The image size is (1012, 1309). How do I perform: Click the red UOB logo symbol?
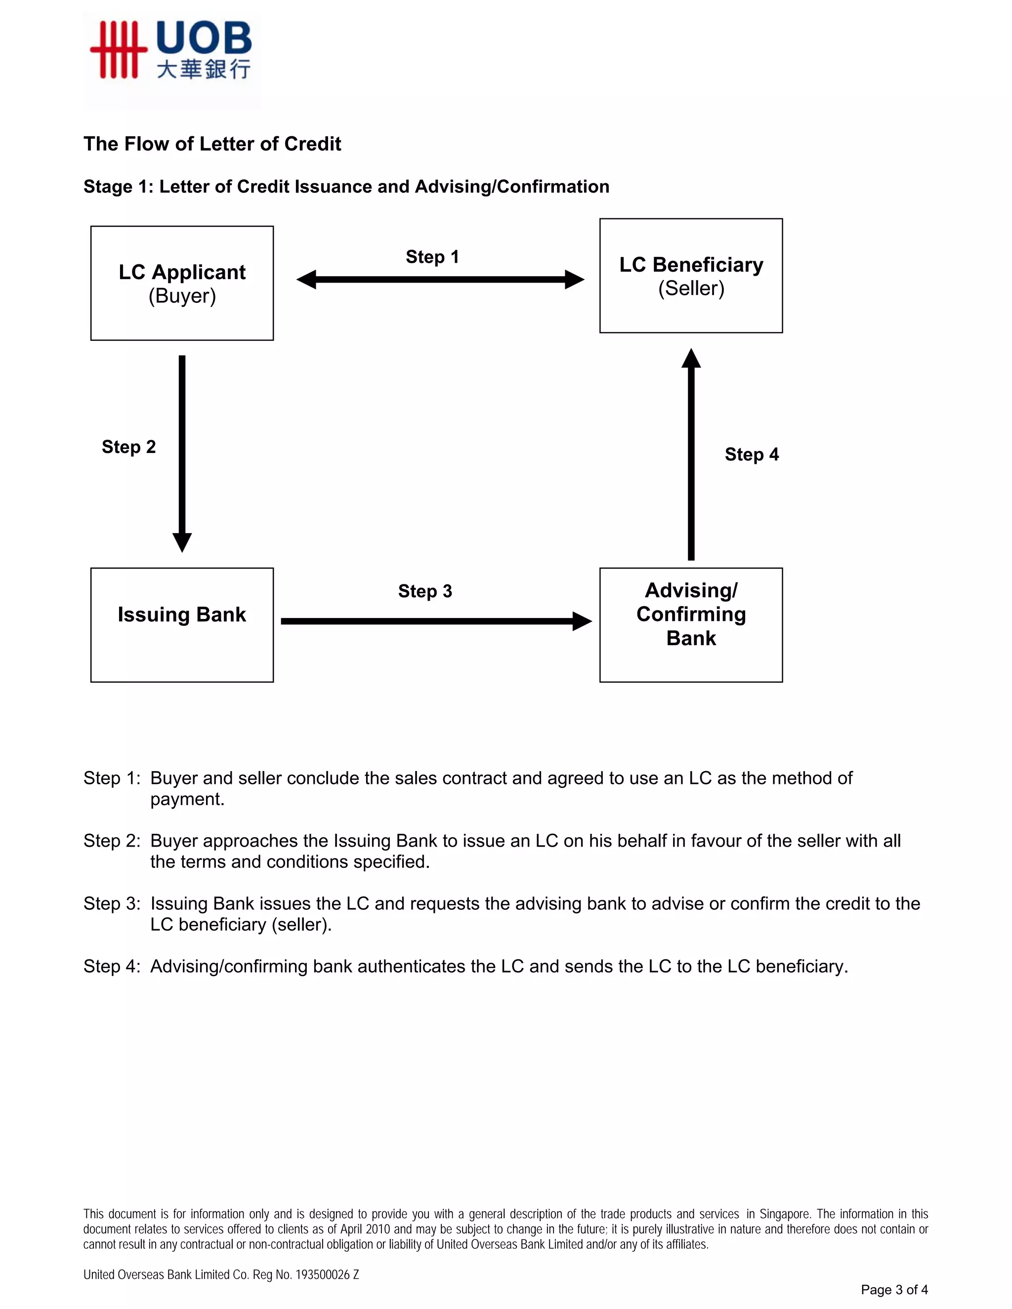(118, 50)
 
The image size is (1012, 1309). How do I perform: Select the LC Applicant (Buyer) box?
(182, 283)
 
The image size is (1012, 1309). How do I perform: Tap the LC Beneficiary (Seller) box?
(691, 276)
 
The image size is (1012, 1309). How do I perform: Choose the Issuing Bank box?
(182, 624)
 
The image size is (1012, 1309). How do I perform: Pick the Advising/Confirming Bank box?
(691, 624)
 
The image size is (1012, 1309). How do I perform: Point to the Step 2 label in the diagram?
(128, 447)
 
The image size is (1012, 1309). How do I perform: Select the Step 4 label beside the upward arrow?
(751, 455)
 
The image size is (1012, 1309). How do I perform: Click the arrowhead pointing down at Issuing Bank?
(182, 542)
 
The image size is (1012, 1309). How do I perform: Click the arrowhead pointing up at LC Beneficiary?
(691, 359)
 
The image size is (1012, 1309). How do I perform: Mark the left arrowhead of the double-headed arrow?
(306, 279)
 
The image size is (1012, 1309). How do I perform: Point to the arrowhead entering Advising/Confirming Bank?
(582, 621)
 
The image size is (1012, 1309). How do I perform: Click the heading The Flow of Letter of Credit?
(211, 144)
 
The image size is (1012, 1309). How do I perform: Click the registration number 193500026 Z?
(327, 1275)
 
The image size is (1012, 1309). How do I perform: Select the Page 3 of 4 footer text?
(894, 1289)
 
